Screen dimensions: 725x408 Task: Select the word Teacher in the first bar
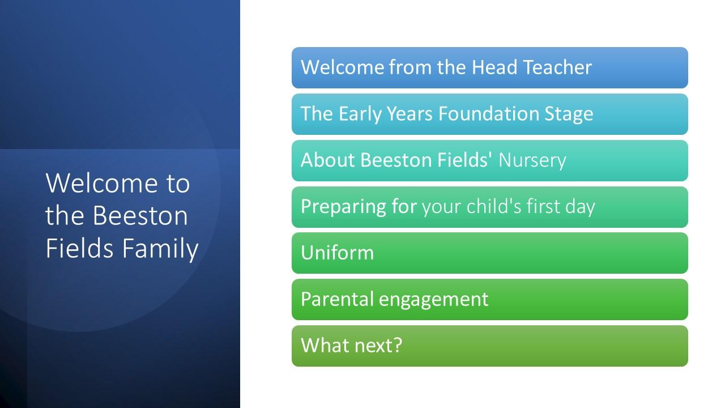pyautogui.click(x=557, y=67)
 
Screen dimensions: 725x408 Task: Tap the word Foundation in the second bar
pyautogui.click(x=488, y=114)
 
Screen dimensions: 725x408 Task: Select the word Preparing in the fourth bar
pyautogui.click(x=343, y=207)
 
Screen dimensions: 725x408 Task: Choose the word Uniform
pyautogui.click(x=337, y=253)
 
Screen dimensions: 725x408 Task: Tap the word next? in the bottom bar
pyautogui.click(x=378, y=345)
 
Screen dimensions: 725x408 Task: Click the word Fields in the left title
pyautogui.click(x=79, y=248)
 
